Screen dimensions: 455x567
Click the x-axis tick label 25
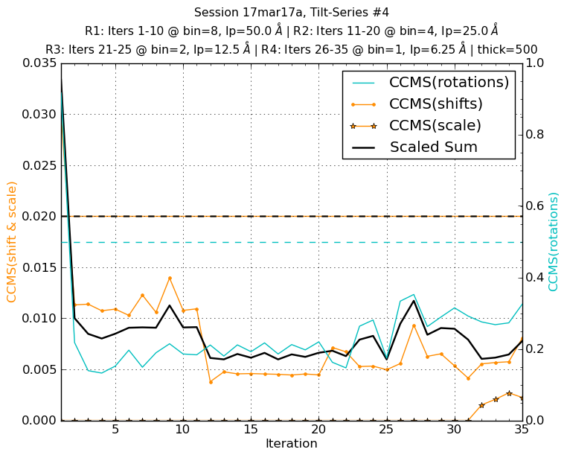pos(386,430)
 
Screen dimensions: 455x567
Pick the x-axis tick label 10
pos(183,430)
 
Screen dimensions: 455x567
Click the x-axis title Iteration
pos(291,444)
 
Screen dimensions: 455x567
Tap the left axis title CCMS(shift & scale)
pos(12,241)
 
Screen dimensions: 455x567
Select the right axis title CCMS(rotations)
pos(554,241)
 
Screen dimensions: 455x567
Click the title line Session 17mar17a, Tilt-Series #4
pos(291,12)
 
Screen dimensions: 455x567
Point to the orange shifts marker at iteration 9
pos(170,279)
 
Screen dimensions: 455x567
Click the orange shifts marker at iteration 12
pos(211,382)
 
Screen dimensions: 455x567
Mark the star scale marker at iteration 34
pos(509,393)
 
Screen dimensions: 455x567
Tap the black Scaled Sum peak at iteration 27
pos(414,301)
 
